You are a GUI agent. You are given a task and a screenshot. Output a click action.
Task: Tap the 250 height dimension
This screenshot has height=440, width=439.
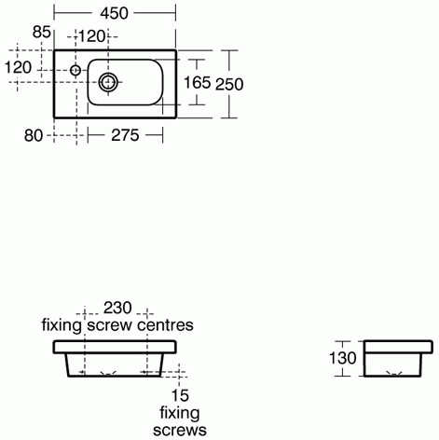click(x=230, y=84)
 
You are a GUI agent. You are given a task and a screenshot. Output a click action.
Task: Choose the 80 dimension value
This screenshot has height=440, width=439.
click(x=34, y=136)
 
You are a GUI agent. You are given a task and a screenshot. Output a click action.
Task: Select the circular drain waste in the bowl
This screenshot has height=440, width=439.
click(x=109, y=82)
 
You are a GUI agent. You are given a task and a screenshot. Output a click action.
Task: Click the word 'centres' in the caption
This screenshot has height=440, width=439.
click(x=165, y=325)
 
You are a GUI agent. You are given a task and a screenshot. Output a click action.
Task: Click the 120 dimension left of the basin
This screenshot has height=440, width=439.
click(x=19, y=68)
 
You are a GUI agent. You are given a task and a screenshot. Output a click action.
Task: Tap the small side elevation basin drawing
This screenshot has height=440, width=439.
click(x=398, y=359)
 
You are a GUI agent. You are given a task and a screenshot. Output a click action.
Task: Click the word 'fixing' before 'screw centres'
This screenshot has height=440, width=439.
click(x=63, y=325)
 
